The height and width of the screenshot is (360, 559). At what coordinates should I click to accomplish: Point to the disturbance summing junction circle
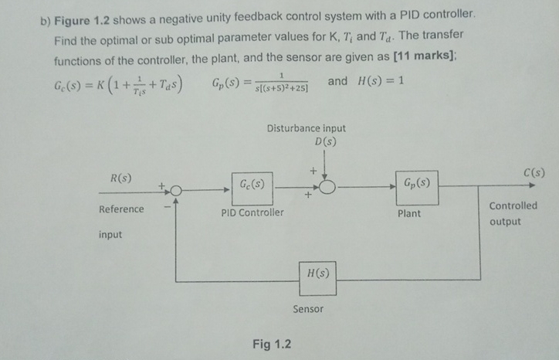327,188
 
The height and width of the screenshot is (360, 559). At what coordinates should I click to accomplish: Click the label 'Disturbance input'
307,128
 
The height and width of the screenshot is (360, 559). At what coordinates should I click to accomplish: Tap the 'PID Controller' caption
252,212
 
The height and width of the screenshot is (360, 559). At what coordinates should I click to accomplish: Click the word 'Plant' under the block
409,213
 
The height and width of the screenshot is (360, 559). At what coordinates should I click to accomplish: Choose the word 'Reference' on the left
121,209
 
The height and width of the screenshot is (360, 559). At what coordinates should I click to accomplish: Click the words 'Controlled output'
513,213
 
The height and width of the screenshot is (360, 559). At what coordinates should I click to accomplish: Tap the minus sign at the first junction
164,208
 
